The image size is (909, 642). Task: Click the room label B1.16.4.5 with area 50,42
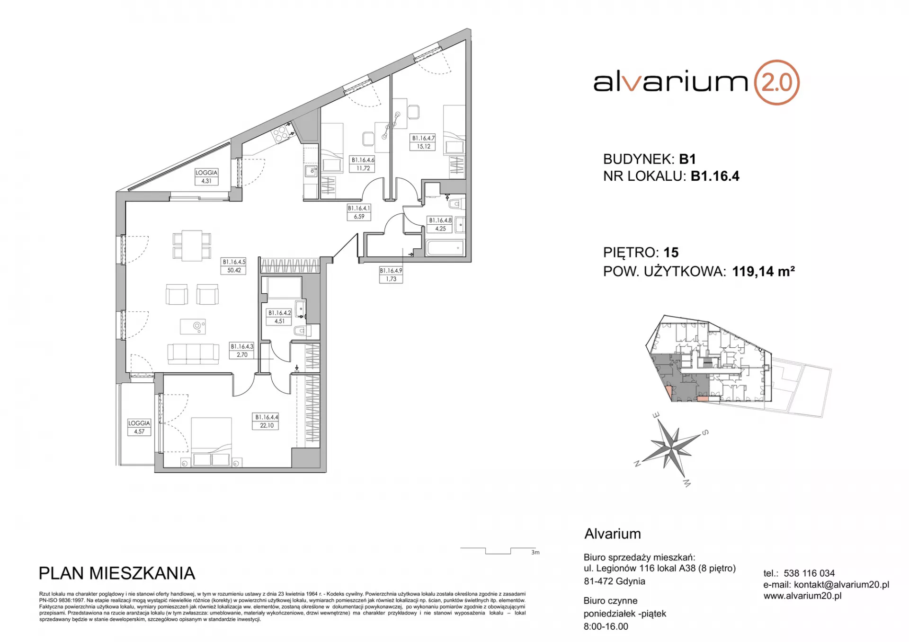coord(234,266)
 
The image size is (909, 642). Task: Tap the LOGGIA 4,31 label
coord(206,177)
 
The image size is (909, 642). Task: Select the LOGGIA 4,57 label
coord(139,427)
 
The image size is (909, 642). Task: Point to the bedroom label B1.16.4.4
coord(267,421)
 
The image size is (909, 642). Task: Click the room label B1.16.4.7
coord(423,142)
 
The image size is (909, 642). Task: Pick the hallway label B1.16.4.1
coord(359,212)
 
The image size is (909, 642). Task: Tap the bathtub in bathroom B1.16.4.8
coord(444,248)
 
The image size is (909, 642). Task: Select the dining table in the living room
coord(192,245)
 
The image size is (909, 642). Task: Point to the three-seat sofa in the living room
coord(193,354)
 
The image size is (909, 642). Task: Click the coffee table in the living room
coord(193,326)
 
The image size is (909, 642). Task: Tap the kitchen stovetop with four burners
coord(281,132)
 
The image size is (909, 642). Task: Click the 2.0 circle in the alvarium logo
coord(776,82)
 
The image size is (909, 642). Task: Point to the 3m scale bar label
coord(535,552)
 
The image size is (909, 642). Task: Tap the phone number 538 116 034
coord(809,573)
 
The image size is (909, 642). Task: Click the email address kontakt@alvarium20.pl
coord(841,584)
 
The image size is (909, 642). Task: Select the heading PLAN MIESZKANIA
coord(116,573)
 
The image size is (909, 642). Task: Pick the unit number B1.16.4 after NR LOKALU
coord(715,176)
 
